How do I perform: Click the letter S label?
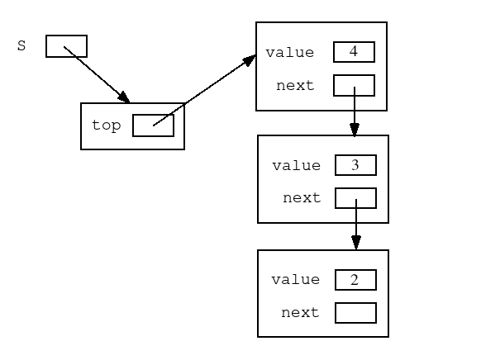[21, 45]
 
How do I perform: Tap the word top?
[106, 126]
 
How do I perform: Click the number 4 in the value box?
[354, 51]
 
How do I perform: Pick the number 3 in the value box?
[355, 165]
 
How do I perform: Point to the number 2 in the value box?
[355, 280]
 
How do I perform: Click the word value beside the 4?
[289, 52]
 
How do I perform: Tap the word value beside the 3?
[297, 165]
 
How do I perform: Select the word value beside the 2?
[295, 279]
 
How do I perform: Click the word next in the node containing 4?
[295, 86]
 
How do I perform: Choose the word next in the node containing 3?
[302, 197]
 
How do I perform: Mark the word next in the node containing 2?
[300, 312]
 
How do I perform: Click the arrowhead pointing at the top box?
[124, 97]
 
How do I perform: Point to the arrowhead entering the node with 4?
[249, 60]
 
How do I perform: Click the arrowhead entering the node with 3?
[355, 130]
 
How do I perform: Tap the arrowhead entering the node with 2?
[356, 243]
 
